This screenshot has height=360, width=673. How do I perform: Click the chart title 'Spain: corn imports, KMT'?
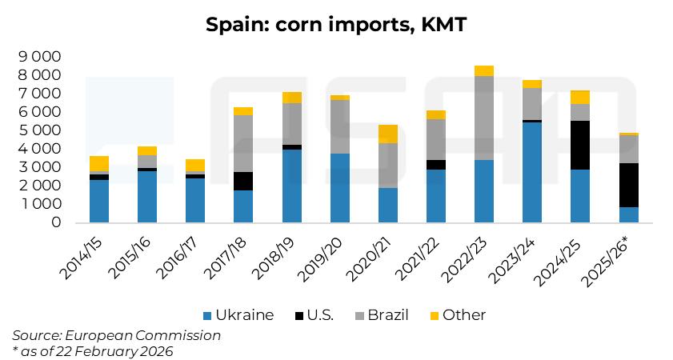click(336, 25)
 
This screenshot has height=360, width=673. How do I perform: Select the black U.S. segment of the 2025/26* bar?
click(628, 186)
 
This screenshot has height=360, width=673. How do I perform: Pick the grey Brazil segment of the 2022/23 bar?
click(484, 118)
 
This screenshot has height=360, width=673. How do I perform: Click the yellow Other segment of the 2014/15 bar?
click(99, 163)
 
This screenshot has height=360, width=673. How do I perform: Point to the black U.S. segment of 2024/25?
click(580, 145)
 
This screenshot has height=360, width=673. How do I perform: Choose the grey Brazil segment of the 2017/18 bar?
click(243, 144)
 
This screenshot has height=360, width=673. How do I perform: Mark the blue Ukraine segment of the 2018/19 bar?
click(291, 186)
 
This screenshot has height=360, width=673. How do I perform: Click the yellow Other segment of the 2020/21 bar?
click(387, 134)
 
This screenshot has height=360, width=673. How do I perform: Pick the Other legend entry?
click(456, 315)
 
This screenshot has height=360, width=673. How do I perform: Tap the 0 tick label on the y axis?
click(56, 222)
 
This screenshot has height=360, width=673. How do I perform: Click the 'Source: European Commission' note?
click(116, 335)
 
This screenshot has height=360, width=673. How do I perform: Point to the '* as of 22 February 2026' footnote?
click(93, 350)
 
